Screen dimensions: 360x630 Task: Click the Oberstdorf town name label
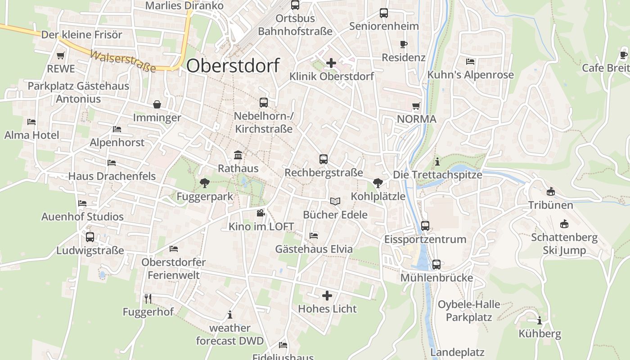click(x=233, y=66)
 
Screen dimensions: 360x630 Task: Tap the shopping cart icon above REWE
click(x=61, y=56)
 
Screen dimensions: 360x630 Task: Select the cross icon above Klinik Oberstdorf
click(x=331, y=63)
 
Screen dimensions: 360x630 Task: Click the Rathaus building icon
click(x=238, y=155)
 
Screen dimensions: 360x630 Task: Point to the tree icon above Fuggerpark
click(x=205, y=183)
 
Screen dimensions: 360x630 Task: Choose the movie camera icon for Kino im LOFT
click(x=261, y=213)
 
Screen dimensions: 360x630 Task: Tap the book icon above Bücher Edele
click(x=335, y=201)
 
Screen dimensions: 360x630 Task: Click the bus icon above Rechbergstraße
click(x=324, y=159)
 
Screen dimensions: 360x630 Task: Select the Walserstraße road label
click(x=123, y=61)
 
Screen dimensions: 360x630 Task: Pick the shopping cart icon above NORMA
click(x=416, y=106)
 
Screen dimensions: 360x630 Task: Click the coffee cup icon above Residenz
click(x=404, y=44)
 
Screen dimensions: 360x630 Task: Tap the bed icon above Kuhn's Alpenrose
click(x=470, y=61)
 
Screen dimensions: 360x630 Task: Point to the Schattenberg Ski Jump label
click(x=564, y=244)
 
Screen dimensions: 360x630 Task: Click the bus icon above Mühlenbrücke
click(x=436, y=265)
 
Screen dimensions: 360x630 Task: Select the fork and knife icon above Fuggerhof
click(x=148, y=298)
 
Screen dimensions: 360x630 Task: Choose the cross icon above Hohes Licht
click(x=327, y=296)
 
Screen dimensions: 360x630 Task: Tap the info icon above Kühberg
click(x=540, y=321)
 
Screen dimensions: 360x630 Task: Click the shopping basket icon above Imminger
click(x=157, y=104)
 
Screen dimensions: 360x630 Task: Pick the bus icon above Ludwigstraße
click(x=90, y=237)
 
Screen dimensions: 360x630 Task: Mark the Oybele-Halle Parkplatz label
click(x=469, y=311)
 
